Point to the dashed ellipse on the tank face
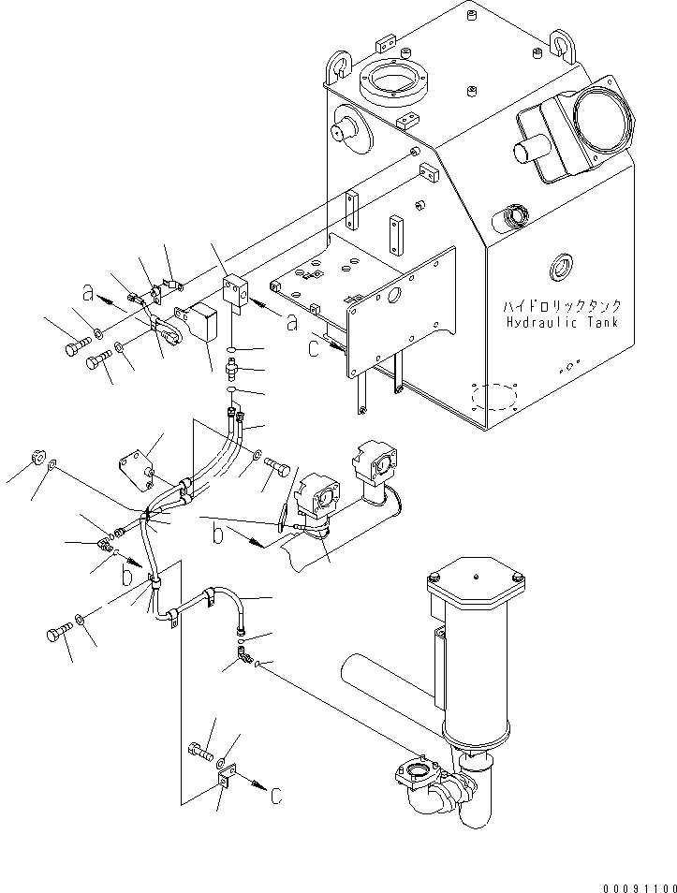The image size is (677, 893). click(495, 398)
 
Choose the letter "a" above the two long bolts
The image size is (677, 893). click(89, 294)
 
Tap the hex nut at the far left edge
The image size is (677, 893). click(37, 458)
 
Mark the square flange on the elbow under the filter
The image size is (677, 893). click(413, 774)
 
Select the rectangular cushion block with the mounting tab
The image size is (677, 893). click(205, 325)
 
